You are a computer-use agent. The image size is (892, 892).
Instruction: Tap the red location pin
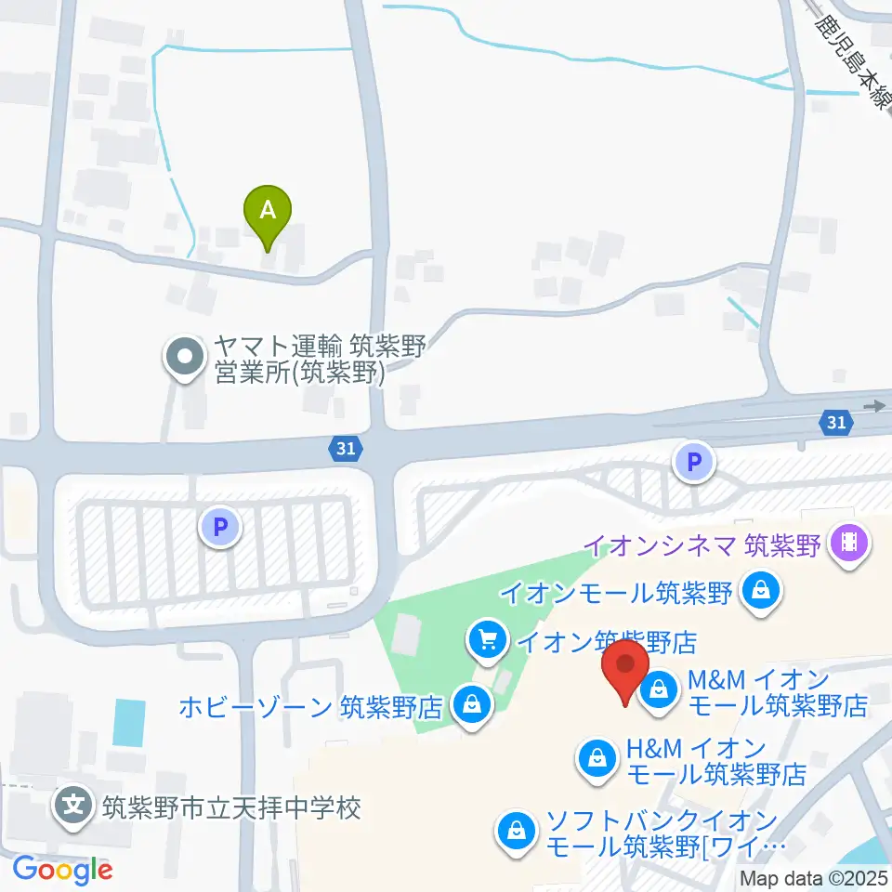coord(625,668)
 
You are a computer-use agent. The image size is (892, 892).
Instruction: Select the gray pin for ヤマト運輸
coord(185,356)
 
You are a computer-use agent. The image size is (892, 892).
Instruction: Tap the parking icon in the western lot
coord(220,529)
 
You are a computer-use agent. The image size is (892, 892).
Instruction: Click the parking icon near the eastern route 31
coord(694,462)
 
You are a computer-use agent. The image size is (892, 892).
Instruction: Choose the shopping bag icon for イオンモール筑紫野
coord(761,589)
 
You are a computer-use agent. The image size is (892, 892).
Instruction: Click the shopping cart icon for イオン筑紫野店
coord(487,639)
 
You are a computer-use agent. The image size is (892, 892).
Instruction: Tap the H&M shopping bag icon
coord(595,760)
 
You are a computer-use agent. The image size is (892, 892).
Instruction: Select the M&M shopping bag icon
coord(659,690)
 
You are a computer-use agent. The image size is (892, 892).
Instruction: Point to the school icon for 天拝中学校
coord(74,805)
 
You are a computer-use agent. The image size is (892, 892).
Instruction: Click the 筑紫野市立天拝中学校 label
coord(230,806)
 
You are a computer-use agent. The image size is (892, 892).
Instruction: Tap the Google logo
coord(63,870)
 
